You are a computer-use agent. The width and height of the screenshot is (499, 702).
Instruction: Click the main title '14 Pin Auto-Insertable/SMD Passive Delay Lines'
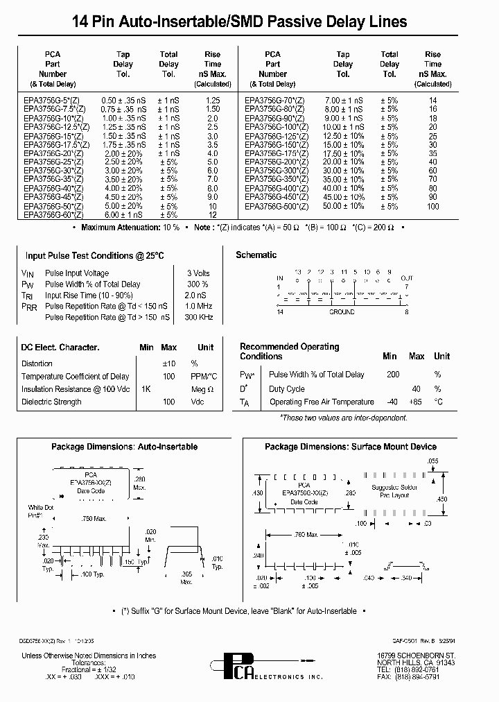click(249, 22)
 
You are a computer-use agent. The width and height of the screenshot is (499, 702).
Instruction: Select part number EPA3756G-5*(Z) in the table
click(53, 101)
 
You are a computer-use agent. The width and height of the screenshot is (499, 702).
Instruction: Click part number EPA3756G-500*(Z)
click(275, 206)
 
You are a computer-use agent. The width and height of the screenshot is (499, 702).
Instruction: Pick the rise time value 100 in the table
click(433, 206)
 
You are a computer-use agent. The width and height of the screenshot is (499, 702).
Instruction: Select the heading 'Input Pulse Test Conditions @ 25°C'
click(95, 256)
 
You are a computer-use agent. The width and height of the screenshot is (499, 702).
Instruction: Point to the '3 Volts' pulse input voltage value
click(198, 273)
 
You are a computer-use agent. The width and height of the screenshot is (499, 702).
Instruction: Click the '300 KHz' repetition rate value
click(198, 317)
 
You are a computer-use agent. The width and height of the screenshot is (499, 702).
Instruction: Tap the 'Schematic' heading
click(256, 255)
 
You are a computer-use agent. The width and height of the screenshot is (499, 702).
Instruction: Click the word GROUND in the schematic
click(342, 312)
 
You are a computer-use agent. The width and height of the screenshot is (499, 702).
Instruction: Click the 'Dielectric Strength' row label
click(51, 402)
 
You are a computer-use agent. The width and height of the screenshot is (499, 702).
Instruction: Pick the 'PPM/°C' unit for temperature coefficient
click(205, 376)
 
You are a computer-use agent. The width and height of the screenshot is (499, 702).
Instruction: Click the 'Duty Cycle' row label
click(287, 389)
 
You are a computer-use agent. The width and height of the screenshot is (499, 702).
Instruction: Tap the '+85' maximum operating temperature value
click(417, 402)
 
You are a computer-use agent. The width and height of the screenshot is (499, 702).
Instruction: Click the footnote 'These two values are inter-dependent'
click(335, 418)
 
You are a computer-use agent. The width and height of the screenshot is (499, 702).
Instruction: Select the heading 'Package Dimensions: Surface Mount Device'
click(351, 447)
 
